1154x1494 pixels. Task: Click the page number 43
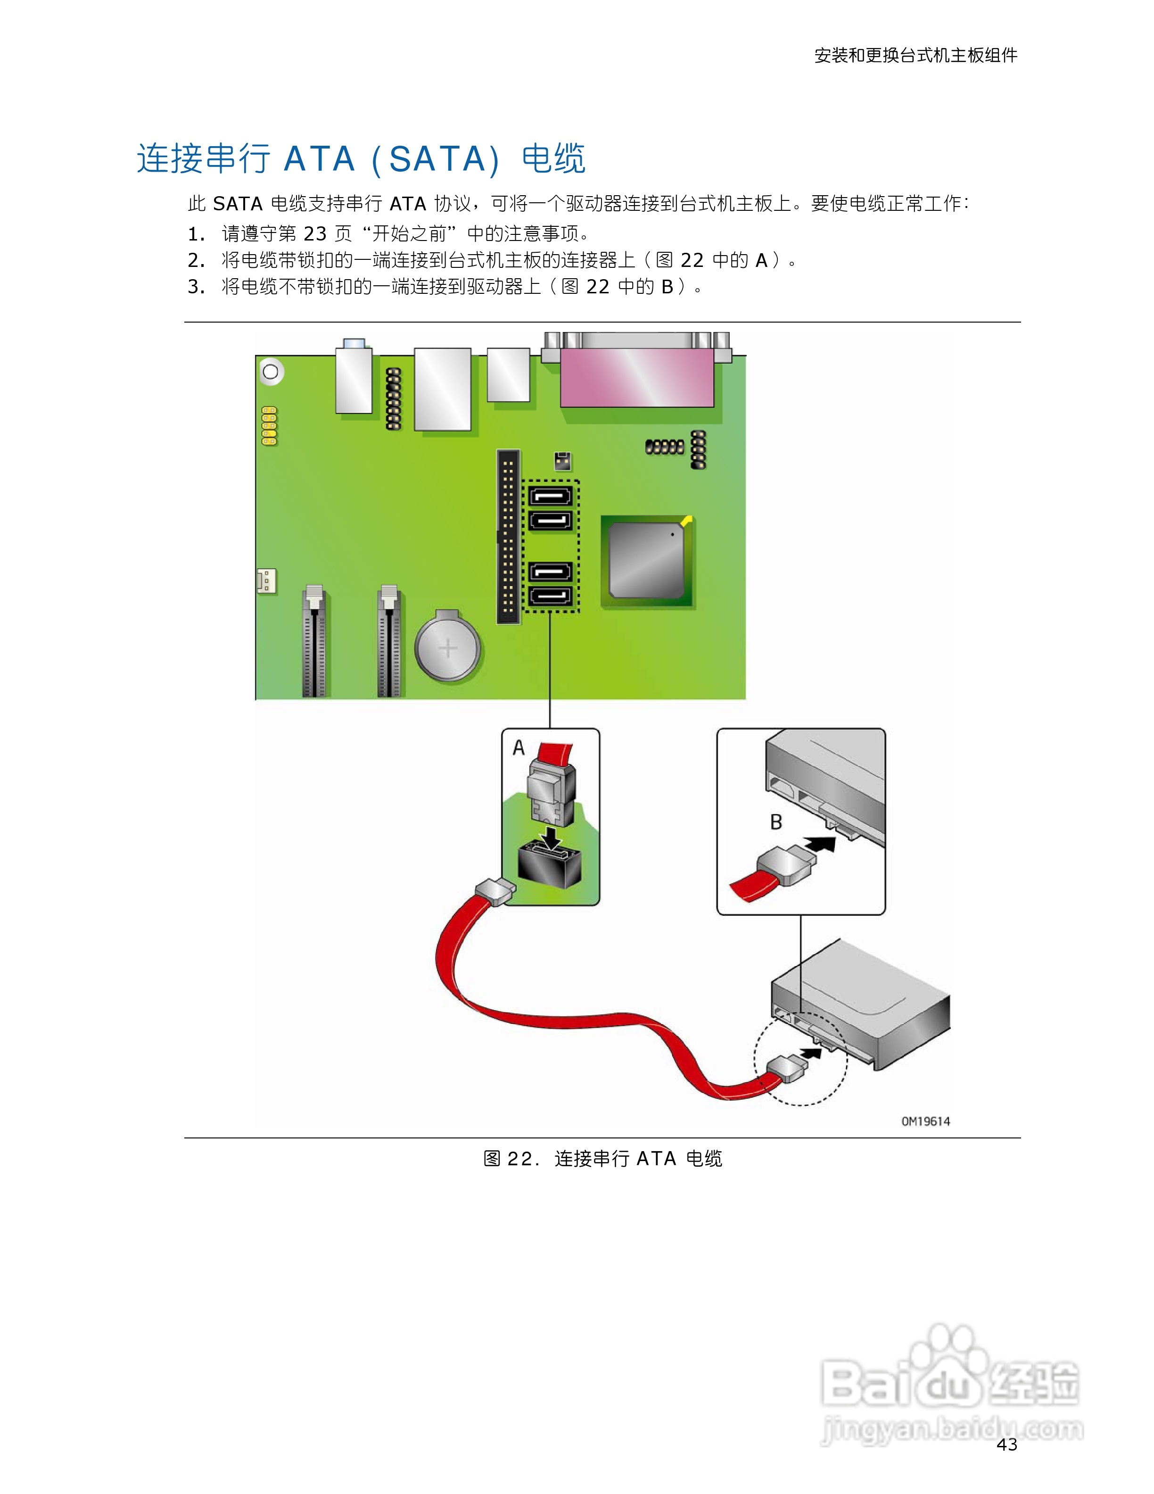1006,1444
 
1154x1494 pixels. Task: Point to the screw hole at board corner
271,372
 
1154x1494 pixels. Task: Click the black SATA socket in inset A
549,865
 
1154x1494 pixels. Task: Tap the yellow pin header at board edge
269,425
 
